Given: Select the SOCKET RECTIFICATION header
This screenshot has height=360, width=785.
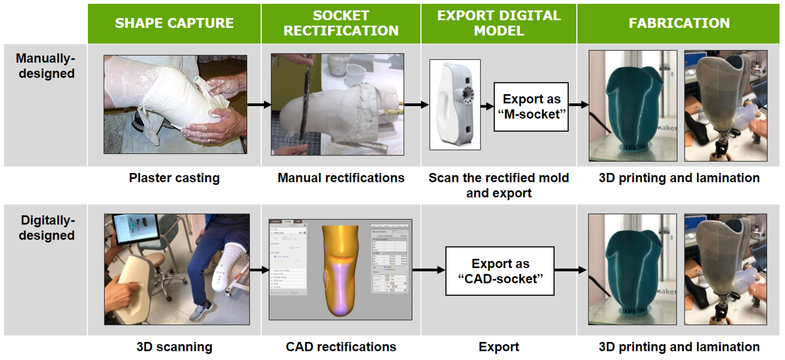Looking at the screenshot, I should click(x=341, y=23).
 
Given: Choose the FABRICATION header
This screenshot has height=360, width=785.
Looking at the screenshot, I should click(x=679, y=23).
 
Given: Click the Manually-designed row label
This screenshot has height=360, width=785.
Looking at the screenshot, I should click(x=46, y=66).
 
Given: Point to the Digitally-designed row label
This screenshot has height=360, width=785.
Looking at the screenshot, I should click(x=47, y=228).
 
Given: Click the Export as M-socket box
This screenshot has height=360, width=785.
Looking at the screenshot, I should click(x=531, y=107).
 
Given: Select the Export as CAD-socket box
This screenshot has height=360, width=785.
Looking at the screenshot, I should click(x=500, y=271).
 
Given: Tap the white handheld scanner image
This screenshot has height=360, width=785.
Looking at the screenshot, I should click(x=455, y=104).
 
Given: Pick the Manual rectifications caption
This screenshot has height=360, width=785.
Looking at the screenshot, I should click(x=341, y=178).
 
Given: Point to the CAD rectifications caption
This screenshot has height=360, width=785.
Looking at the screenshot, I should click(x=341, y=347).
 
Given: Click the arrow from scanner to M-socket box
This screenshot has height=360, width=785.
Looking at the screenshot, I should click(x=487, y=106).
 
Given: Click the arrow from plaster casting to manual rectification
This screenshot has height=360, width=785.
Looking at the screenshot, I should click(x=259, y=105).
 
